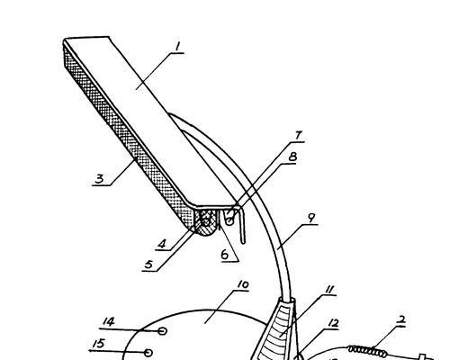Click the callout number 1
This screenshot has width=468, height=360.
178,47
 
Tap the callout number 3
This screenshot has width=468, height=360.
99,179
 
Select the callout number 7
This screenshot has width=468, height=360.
298,135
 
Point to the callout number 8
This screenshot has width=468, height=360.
292,157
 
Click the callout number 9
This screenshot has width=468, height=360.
311,218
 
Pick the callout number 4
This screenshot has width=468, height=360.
162,244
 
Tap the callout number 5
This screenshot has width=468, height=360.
148,265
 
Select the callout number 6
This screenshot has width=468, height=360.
225,255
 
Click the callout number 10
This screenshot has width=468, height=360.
243,284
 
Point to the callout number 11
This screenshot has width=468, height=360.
328,290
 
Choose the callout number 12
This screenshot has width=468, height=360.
333,323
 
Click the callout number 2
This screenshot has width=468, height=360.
400,319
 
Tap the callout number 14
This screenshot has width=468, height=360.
108,322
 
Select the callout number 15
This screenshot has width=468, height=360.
99,344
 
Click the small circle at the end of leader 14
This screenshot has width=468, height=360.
162,331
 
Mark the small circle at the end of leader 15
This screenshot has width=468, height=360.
148,352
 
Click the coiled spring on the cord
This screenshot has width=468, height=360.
367,350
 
